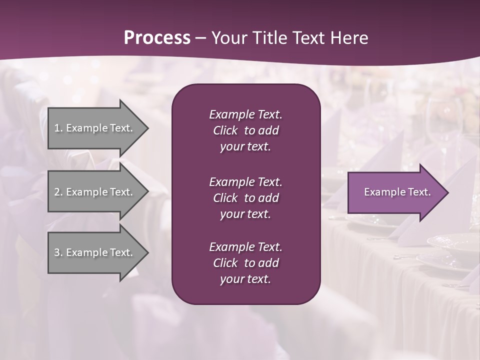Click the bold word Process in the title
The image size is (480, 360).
(x=157, y=38)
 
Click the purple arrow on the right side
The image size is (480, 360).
(x=395, y=192)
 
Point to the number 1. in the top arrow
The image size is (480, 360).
(x=58, y=128)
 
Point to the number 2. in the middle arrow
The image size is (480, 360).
(x=58, y=192)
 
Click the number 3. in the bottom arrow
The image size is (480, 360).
(x=58, y=252)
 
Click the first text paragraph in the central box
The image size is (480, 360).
(x=245, y=130)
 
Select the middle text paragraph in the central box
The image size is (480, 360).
(x=245, y=198)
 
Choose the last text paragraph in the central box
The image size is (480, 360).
(x=245, y=263)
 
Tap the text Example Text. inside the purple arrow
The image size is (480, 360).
(x=397, y=192)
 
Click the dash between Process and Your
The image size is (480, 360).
(x=201, y=38)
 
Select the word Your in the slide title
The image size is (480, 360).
(x=229, y=38)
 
